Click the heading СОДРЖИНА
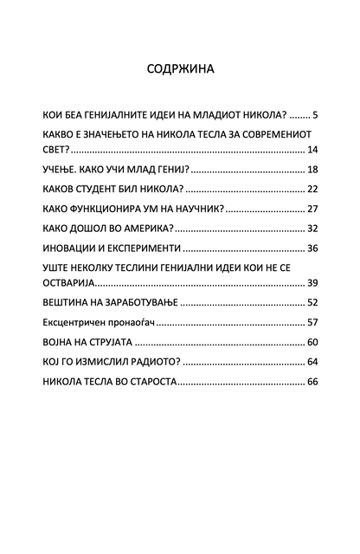coord(180,68)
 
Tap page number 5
coord(318,114)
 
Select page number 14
coord(313,150)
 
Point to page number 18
coord(313,169)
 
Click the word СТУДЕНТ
coord(116,189)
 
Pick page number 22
coord(313,189)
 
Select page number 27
coord(313,209)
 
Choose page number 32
coord(313,229)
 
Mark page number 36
coord(313,248)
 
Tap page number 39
coord(313,283)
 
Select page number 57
coord(313,322)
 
